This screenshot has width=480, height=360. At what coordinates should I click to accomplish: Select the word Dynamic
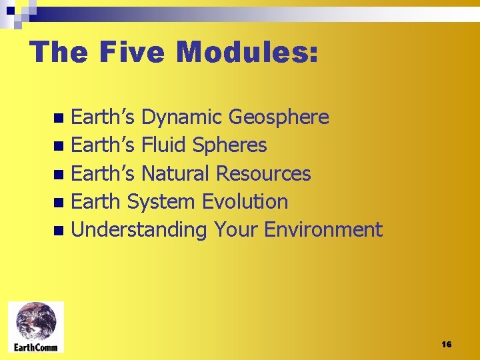point(182,117)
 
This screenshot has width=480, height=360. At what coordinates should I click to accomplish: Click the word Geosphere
point(279,117)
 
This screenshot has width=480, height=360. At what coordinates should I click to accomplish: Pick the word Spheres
point(229,145)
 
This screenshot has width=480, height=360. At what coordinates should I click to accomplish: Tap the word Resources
point(263,173)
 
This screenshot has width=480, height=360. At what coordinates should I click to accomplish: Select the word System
point(161,201)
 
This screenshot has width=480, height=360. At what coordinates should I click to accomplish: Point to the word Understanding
point(139,230)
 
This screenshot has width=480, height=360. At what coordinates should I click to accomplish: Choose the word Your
point(236,230)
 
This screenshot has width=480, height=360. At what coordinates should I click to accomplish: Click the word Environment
point(323,230)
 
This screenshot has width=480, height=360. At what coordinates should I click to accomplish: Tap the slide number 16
point(446,344)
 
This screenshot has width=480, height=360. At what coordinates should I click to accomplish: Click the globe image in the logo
point(37,321)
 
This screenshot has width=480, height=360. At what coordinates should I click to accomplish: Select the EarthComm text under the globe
point(37,347)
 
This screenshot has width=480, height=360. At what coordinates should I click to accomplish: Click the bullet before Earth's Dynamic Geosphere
point(59,119)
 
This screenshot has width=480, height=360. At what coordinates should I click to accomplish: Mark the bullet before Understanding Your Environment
point(59,231)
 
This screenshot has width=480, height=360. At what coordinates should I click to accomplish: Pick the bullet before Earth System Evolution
point(59,203)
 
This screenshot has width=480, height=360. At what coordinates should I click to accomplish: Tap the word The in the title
point(58,51)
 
